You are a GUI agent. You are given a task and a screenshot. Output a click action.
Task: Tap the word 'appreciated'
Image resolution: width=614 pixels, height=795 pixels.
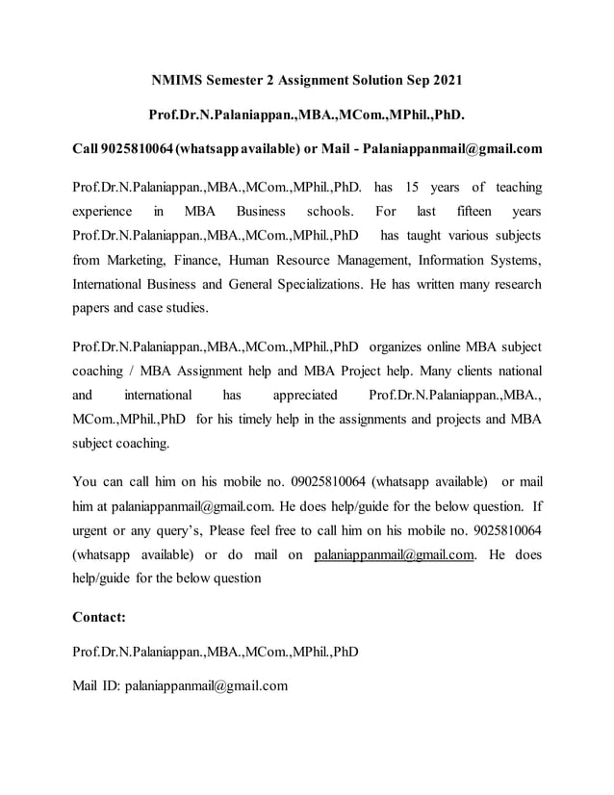pyautogui.click(x=305, y=395)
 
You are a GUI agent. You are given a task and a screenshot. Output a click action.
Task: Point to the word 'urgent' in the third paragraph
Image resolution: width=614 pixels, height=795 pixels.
pyautogui.click(x=94, y=529)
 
